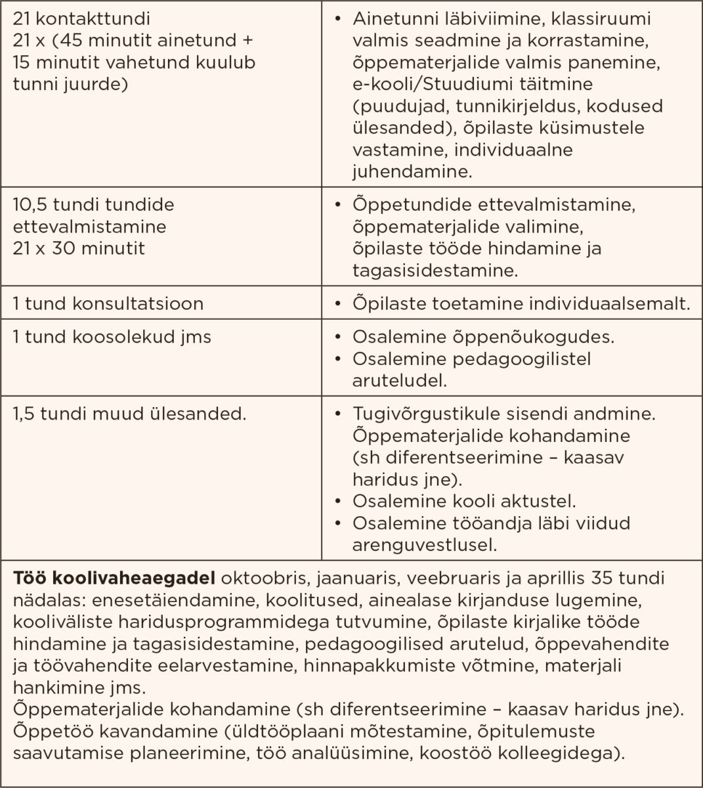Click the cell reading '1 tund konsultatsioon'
tap(108, 304)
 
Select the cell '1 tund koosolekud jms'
tap(112, 337)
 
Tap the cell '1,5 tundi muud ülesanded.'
tap(129, 414)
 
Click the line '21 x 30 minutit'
tap(79, 249)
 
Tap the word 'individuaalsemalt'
tap(620, 304)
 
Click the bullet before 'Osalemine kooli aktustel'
tap(337, 502)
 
